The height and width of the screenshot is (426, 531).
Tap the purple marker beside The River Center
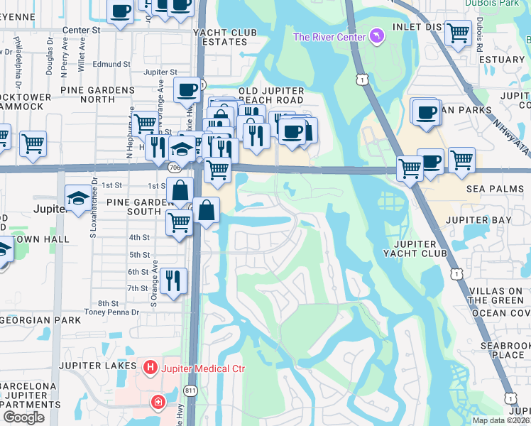coord(376,36)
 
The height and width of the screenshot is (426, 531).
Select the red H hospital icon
coord(150,367)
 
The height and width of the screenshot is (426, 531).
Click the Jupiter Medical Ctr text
coord(202,368)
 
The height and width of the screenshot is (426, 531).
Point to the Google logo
coord(23,417)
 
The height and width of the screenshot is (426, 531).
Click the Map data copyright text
coord(501,420)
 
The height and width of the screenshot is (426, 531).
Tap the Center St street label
coord(82,31)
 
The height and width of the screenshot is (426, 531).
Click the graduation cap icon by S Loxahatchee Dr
coord(77,197)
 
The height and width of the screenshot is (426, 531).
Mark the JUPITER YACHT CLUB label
coord(415,248)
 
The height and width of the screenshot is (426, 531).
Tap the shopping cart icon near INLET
coord(458,31)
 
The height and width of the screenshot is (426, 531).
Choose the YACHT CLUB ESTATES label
coord(229,35)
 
